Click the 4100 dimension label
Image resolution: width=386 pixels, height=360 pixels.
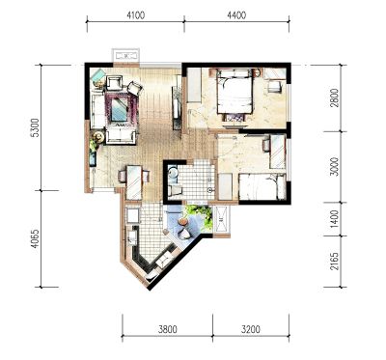(136, 15)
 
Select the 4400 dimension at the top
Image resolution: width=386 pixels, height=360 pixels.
(236, 15)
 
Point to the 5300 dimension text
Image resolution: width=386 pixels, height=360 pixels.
(35, 127)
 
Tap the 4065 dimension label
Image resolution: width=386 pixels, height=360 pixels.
(35, 238)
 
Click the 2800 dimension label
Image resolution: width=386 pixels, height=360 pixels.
(335, 98)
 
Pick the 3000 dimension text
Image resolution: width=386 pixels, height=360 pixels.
(335, 167)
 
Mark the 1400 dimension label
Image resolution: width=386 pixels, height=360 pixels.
(335, 219)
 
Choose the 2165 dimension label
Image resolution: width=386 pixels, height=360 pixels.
(335, 261)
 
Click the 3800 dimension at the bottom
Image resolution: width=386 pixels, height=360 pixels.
(168, 329)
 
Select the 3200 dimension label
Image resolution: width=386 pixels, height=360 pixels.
(251, 329)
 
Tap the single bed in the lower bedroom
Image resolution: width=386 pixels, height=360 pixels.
(262, 187)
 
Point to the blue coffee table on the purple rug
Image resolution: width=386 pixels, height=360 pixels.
(120, 108)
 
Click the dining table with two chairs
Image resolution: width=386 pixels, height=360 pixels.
(134, 181)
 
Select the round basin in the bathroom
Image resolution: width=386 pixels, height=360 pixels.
(173, 173)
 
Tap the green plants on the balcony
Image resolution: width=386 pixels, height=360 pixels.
(201, 214)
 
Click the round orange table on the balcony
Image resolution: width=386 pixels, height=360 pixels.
(182, 222)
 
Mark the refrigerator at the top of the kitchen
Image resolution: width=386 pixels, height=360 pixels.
(132, 215)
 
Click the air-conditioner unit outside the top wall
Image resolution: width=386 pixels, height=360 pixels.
(125, 55)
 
